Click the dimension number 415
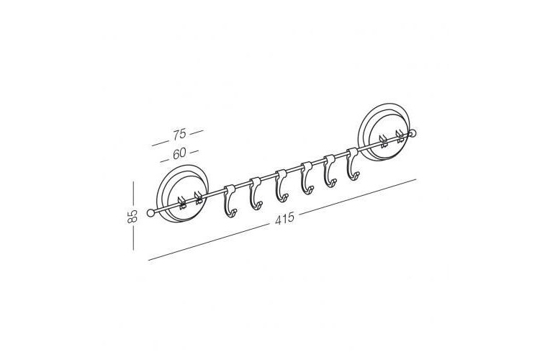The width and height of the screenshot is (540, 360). [x=284, y=218]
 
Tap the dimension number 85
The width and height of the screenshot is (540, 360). [x=132, y=216]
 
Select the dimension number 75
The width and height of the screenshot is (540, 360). [x=179, y=134]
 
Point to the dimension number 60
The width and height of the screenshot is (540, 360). [x=179, y=153]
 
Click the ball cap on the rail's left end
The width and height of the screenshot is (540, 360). [x=151, y=213]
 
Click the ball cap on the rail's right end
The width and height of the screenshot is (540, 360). [x=412, y=133]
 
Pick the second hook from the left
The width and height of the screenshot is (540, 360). [x=255, y=194]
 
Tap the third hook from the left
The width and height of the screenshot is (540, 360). [x=282, y=186]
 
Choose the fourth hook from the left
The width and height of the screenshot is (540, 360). [x=307, y=178]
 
